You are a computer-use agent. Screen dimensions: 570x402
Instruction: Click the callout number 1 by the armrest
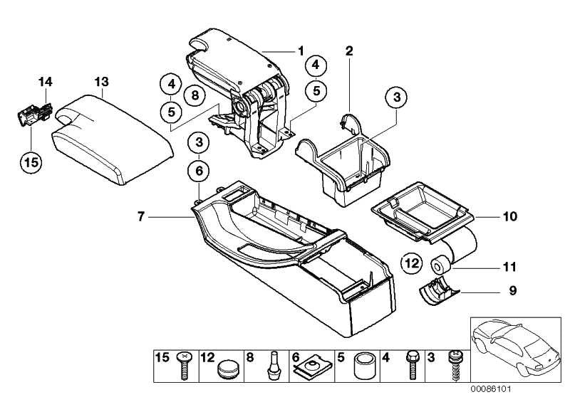pos(301,51)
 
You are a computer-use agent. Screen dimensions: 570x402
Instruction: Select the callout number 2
pos(349,51)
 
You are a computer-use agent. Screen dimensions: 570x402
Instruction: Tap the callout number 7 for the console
pos(141,217)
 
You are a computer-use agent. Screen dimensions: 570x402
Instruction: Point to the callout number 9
pos(513,290)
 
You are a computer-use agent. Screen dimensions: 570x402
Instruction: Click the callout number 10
pos(510,216)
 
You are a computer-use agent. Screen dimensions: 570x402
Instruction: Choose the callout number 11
pos(509,267)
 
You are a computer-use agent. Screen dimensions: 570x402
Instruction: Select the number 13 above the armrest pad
pos(102,82)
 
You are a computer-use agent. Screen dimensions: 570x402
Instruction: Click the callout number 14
pos(46,82)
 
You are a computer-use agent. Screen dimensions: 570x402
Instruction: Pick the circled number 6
pos(199,171)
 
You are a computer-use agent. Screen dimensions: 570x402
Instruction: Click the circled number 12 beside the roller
pos(412,263)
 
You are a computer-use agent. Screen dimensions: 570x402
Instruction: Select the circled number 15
pos(31,162)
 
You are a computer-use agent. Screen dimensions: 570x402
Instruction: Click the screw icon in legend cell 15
pos(185,366)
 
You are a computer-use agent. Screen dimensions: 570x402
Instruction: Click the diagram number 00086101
pos(491,389)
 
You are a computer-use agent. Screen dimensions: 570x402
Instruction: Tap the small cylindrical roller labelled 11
pos(440,266)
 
